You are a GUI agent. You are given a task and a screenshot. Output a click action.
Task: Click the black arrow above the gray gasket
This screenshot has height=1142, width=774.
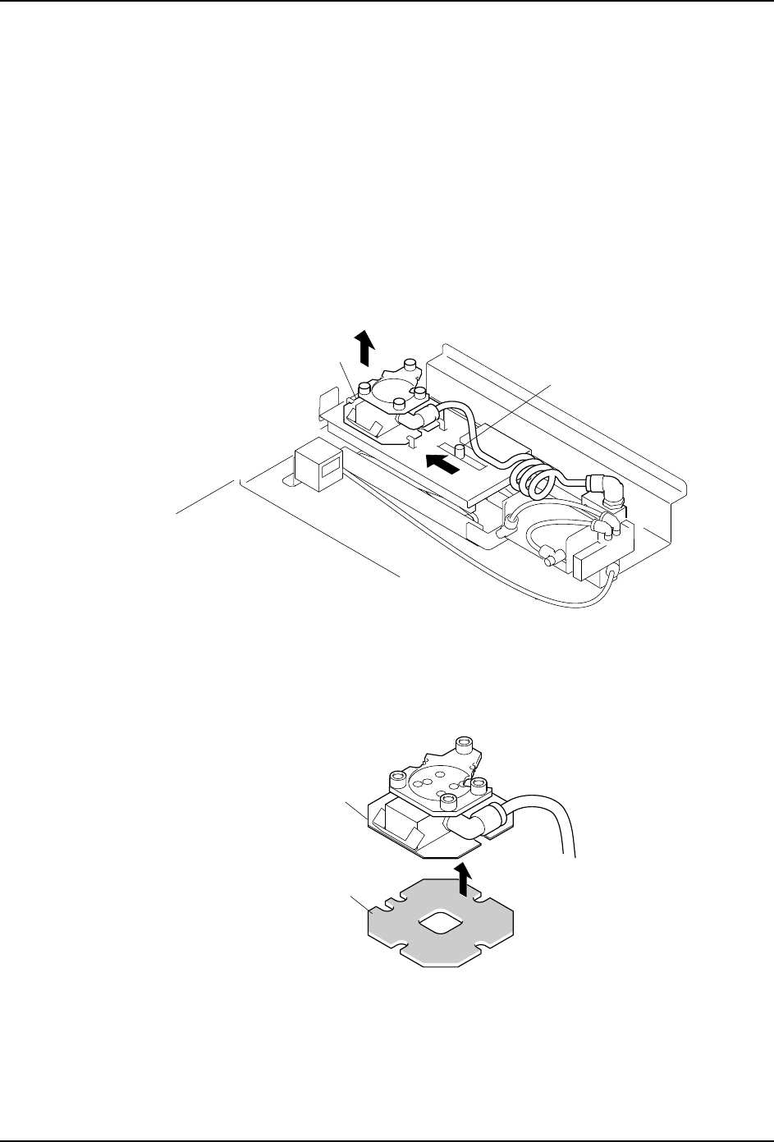click(x=465, y=883)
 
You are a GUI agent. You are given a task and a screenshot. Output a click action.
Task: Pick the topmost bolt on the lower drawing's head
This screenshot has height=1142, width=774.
click(x=465, y=745)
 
